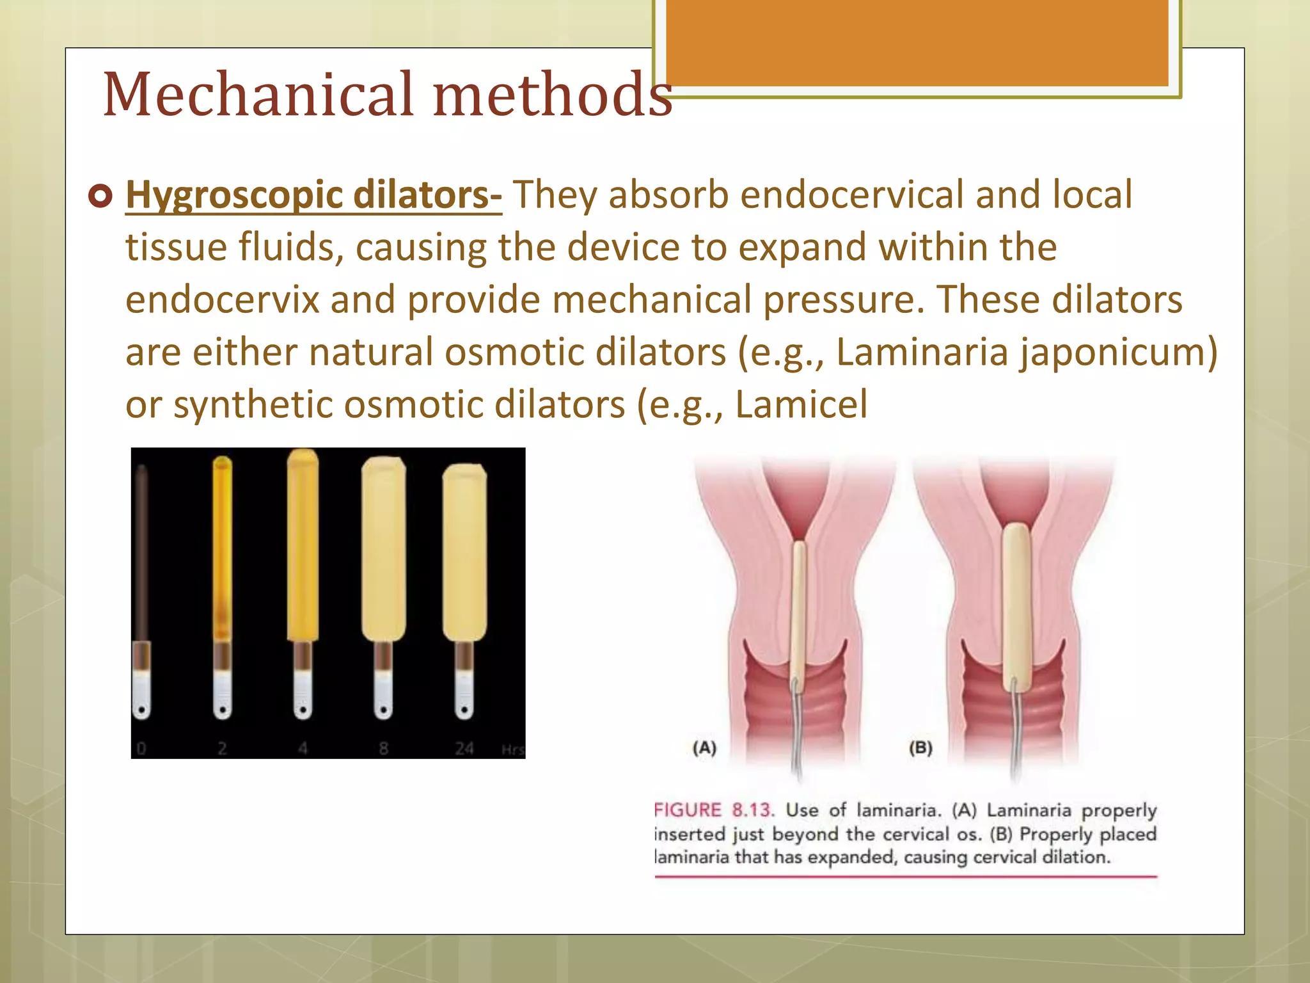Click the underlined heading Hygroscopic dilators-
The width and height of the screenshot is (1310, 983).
(x=313, y=195)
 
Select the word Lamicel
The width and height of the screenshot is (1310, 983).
(x=801, y=404)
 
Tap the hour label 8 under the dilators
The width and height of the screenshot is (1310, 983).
(x=384, y=747)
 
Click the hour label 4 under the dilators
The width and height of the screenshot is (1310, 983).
(x=303, y=747)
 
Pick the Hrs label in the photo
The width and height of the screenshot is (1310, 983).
(x=512, y=749)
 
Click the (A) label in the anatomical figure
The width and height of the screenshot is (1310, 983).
(x=704, y=747)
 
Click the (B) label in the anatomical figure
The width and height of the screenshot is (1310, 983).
(x=920, y=747)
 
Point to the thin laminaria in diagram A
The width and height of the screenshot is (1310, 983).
(x=800, y=608)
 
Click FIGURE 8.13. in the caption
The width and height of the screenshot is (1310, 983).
(x=714, y=810)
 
